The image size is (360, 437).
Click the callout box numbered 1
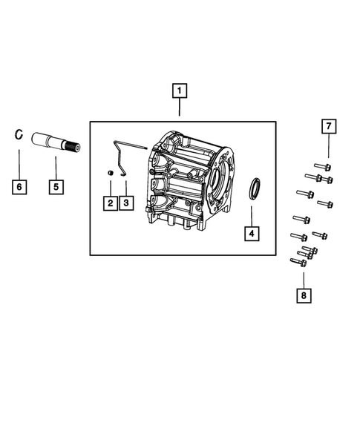coord(179,92)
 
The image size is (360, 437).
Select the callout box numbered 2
coord(109,202)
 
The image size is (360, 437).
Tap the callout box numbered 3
coord(127,202)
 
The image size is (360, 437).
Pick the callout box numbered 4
coord(252,234)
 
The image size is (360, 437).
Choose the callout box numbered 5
coord(56,186)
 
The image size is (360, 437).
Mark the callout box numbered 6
coord(20,186)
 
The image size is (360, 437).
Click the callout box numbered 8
coord(303,296)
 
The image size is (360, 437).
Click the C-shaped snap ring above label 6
coord(20,135)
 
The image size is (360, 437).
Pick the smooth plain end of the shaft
coord(39,138)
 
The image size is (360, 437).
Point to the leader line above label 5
coord(56,166)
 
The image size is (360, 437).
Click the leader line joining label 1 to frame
coord(179,111)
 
